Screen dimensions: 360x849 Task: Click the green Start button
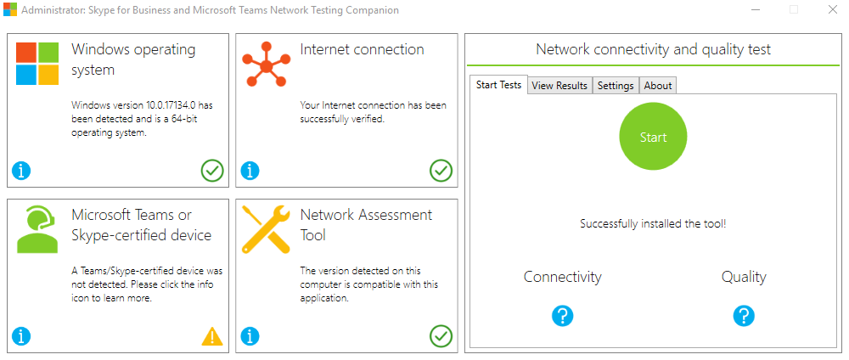pyautogui.click(x=653, y=137)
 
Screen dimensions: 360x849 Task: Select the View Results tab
pyautogui.click(x=559, y=86)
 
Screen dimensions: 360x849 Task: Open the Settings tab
pyautogui.click(x=616, y=86)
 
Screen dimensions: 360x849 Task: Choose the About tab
pyautogui.click(x=658, y=86)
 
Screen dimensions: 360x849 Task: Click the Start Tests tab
pyautogui.click(x=498, y=85)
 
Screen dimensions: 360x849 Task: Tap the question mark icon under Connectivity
pyautogui.click(x=562, y=316)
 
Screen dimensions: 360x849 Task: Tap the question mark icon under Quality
pyautogui.click(x=744, y=316)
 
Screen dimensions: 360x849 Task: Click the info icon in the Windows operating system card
pyautogui.click(x=21, y=171)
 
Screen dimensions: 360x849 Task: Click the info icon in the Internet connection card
pyautogui.click(x=250, y=171)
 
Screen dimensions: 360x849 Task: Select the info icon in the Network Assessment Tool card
pyautogui.click(x=250, y=336)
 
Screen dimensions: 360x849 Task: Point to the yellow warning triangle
pyautogui.click(x=212, y=336)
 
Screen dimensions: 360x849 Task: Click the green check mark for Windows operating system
pyautogui.click(x=212, y=171)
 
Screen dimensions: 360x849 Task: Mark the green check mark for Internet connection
pyautogui.click(x=441, y=171)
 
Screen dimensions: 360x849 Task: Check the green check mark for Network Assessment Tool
pyautogui.click(x=441, y=336)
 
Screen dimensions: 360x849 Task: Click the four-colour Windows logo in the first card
pyautogui.click(x=37, y=64)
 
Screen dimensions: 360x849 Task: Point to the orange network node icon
pyautogui.click(x=266, y=64)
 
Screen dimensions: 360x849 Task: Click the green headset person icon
pyautogui.click(x=37, y=229)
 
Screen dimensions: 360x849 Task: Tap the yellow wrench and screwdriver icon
pyautogui.click(x=266, y=229)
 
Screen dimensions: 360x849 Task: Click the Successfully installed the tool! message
pyautogui.click(x=653, y=224)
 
